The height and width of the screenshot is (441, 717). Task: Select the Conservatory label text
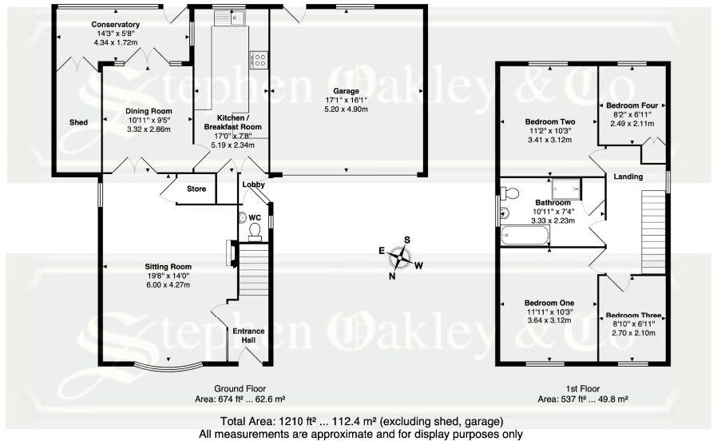coord(115,24)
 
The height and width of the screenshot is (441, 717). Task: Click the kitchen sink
coord(236,18)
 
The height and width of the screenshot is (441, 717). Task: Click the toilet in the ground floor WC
coord(256,231)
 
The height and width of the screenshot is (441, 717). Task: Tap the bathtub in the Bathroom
coord(525,236)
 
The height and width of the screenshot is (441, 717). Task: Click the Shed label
coord(77,122)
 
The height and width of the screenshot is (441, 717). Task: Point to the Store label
coord(196,189)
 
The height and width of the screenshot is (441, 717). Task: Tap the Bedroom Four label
coord(628,105)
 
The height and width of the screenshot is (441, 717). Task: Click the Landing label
coord(628,176)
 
